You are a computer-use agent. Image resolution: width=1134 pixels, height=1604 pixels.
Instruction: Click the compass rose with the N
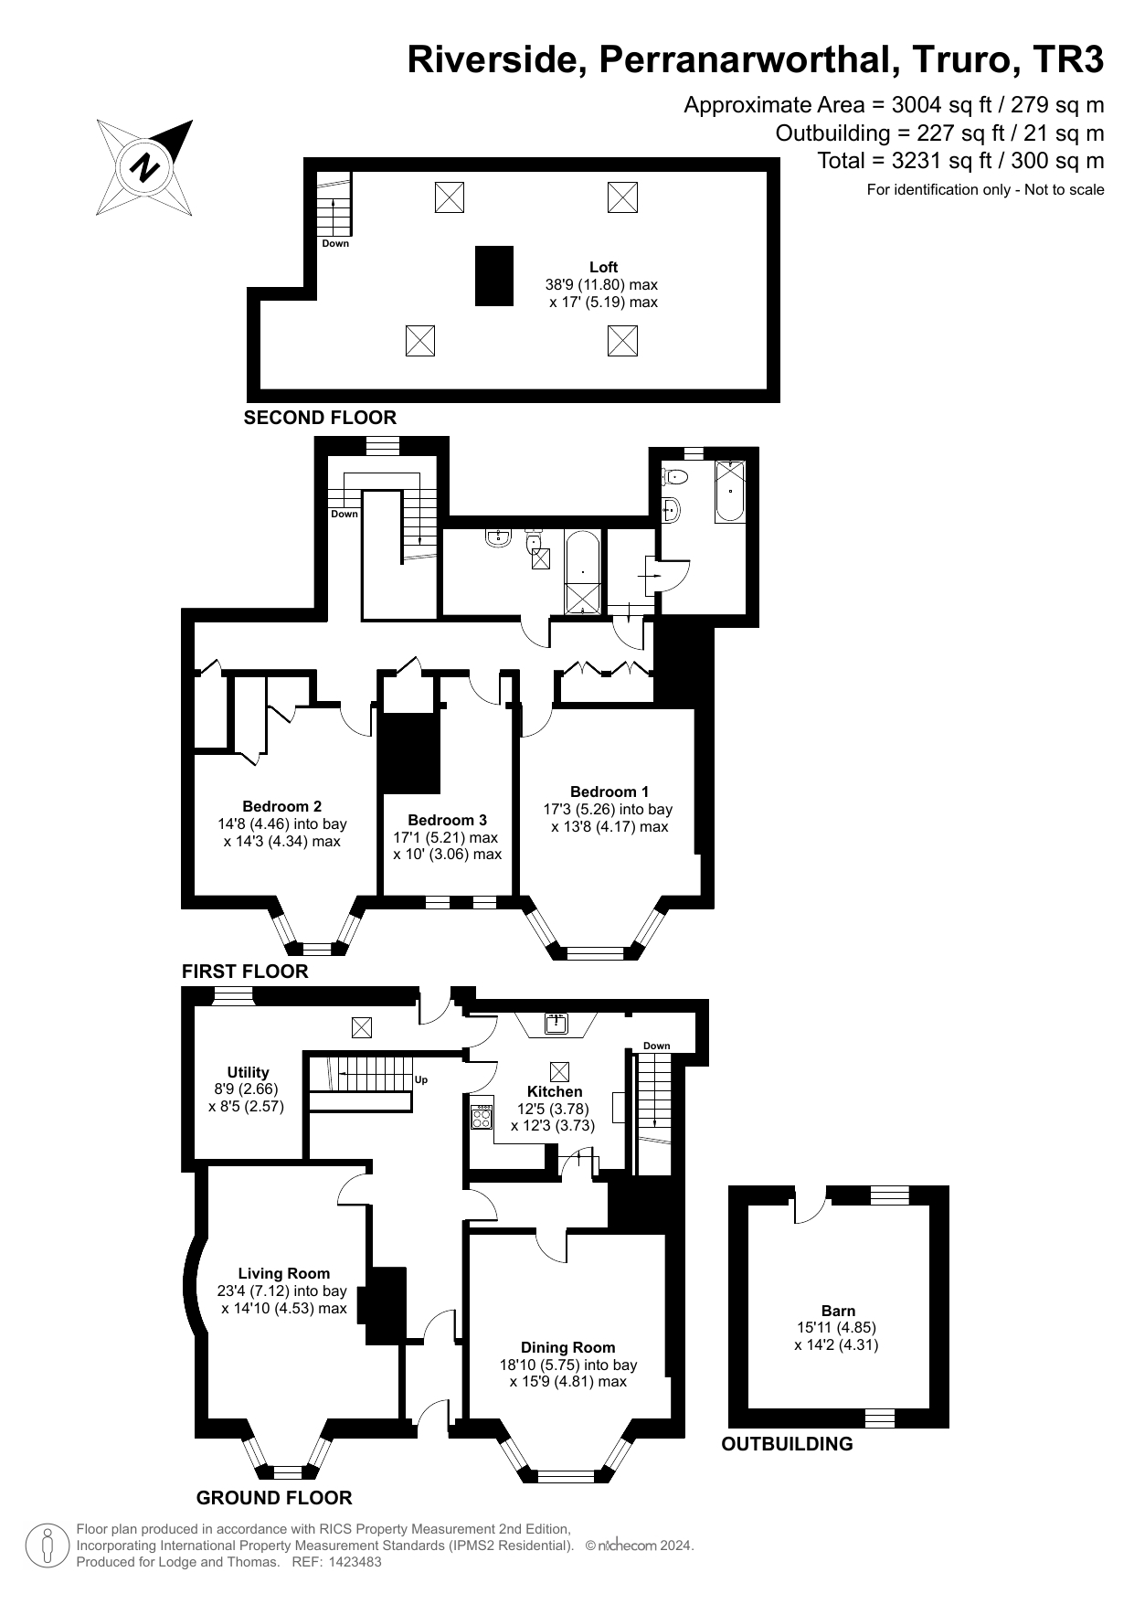pos(144,168)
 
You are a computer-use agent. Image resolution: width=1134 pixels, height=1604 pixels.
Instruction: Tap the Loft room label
pos(603,267)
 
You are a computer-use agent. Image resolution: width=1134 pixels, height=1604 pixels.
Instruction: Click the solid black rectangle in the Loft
pos(493,276)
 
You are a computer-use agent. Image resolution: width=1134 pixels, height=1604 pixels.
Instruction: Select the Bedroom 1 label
pos(609,791)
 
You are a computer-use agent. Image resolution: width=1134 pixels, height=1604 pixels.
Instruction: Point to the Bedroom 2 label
pos(281,806)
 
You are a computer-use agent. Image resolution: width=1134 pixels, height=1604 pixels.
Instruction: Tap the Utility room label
pos(248,1072)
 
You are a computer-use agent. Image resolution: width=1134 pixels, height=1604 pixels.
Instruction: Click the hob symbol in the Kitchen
pos(482,1117)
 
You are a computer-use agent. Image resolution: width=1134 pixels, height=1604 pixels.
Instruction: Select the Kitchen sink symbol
pos(556,1024)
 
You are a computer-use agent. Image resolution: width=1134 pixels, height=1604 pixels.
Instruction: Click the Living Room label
pos(283,1273)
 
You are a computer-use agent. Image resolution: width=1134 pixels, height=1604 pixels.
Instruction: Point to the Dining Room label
pos(567,1347)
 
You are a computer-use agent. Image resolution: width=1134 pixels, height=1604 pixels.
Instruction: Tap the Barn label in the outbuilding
pos(838,1311)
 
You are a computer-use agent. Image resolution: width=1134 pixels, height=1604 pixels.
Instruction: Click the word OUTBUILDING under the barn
pos(787,1444)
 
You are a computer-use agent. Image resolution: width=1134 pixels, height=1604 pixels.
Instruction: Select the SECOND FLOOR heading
pos(320,418)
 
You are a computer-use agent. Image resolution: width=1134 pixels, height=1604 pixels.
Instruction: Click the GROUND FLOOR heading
pos(274,1497)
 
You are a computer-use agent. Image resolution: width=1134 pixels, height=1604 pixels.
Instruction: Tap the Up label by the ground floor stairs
pos(421,1080)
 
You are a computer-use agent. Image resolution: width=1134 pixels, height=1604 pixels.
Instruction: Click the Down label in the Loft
pos(335,244)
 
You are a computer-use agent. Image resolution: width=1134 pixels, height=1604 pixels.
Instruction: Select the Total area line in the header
pos(960,161)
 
